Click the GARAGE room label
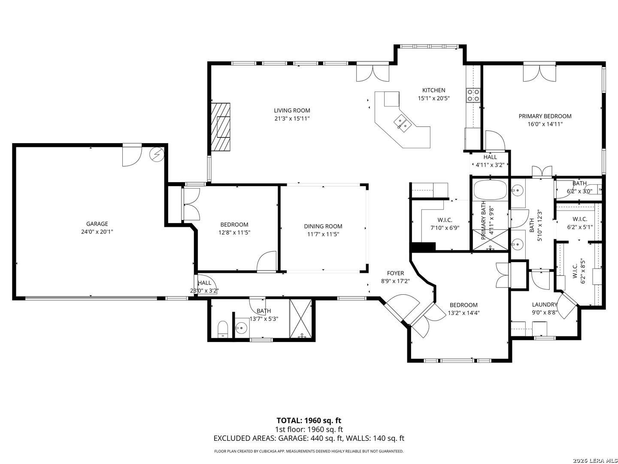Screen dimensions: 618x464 97,224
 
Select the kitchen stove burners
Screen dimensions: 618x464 473,95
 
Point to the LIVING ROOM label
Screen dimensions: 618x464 292,110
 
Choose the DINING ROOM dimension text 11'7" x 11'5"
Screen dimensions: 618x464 323,234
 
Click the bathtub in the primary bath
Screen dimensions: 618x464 490,190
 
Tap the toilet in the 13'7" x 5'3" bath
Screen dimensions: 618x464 223,329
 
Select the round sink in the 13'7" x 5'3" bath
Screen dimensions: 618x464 241,328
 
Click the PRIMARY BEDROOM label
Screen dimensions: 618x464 545,116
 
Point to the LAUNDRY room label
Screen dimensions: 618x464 545,304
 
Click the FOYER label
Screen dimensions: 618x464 395,273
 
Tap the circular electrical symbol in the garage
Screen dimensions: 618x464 157,154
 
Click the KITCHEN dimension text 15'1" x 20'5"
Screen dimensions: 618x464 433,98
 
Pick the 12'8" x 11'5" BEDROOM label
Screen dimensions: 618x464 234,225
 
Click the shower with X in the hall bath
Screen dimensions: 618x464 301,318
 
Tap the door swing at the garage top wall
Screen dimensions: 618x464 132,156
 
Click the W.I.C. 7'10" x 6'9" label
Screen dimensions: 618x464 445,220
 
